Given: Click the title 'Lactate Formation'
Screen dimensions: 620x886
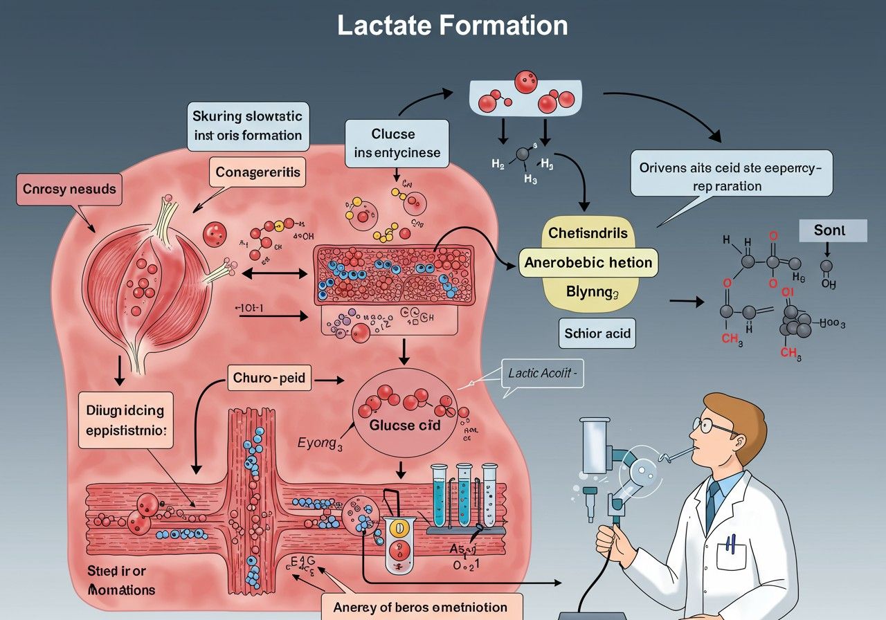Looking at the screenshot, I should pos(453,26).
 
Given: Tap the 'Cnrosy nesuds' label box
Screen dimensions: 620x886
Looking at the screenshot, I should pos(69,189).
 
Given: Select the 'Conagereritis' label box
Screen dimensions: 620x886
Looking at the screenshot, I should pos(257,172).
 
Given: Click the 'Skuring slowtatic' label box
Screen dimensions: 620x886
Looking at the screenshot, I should pos(247,126).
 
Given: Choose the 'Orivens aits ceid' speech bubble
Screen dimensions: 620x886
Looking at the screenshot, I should pos(731,176).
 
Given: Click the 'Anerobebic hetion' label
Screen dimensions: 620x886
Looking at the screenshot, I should pos(588,263).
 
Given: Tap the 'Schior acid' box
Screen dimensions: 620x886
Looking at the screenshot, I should pos(597,334).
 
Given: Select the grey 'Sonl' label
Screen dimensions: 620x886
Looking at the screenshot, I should pos(833,230).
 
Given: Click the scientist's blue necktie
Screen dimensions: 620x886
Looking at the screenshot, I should pos(712,505).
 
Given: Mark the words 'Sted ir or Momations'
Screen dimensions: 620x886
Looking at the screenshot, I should pos(120,581).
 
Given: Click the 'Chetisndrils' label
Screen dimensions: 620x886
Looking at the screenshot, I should pos(588,232).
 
